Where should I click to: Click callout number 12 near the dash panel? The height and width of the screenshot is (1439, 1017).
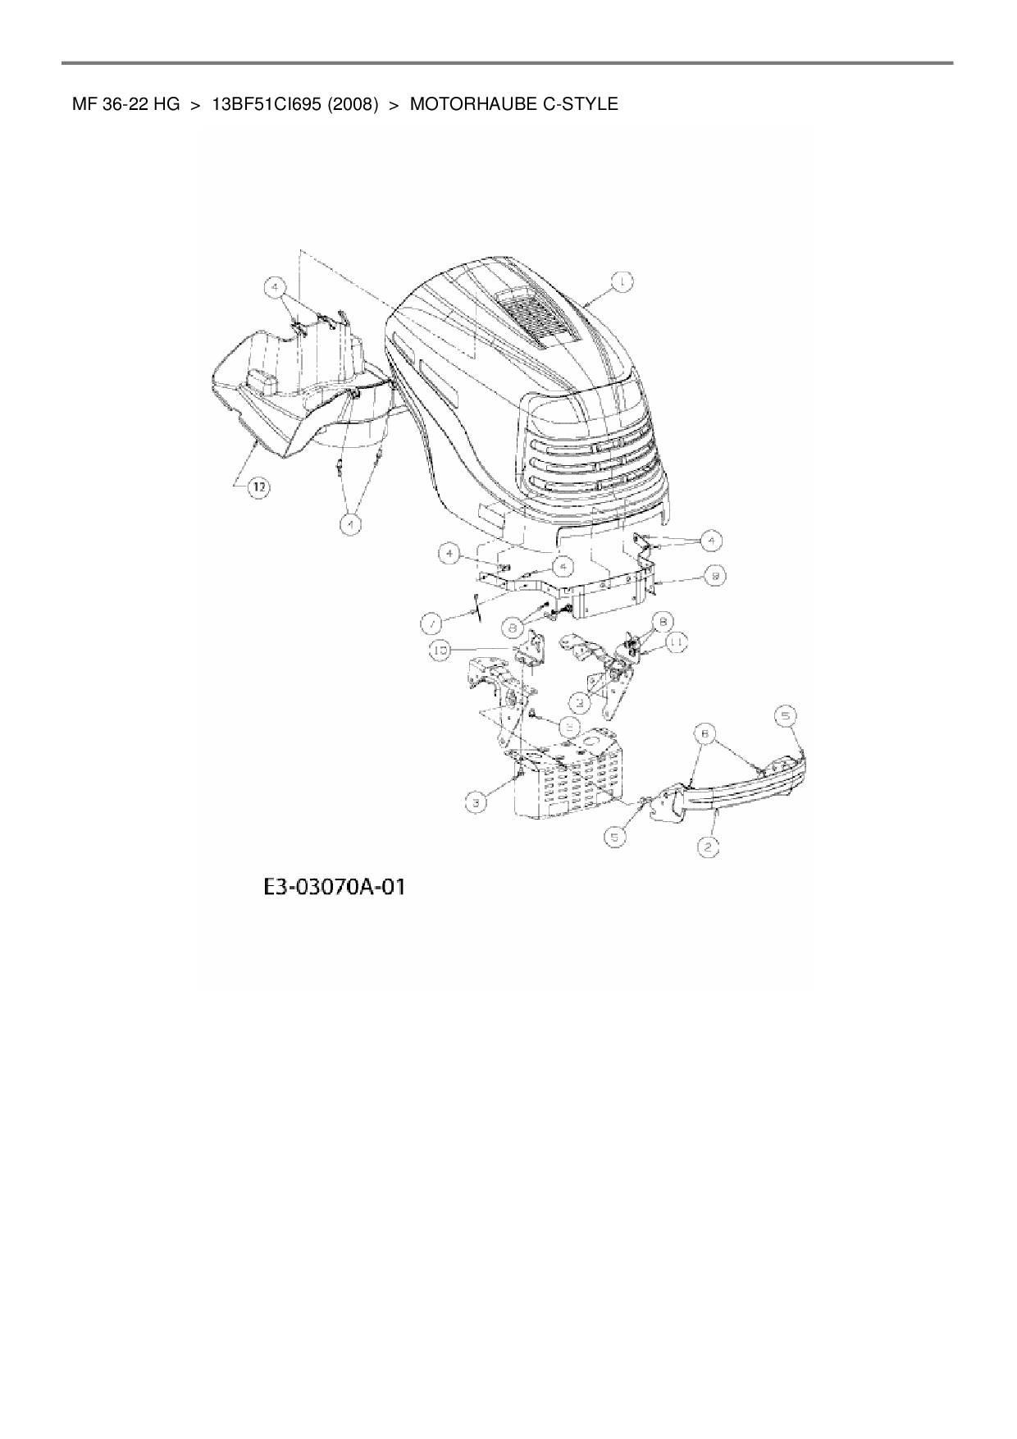coord(258,487)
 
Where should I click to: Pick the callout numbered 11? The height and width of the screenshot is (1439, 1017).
coord(677,643)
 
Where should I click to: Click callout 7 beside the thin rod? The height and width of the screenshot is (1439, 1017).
coord(432,625)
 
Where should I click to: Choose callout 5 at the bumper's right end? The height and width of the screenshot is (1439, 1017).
coord(785,716)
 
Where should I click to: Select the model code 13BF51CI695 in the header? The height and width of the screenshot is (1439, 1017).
coord(267,104)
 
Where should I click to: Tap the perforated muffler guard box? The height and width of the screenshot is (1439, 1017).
coord(566,779)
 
